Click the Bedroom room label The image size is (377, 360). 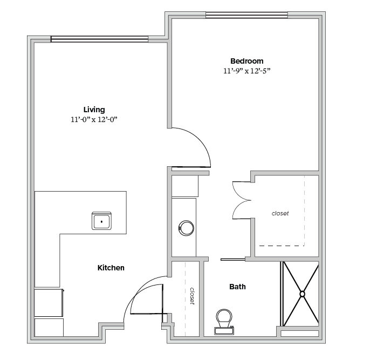(246, 61)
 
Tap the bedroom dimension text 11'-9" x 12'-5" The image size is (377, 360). (246, 71)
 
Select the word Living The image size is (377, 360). (94, 110)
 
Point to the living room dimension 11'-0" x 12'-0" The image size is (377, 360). (94, 119)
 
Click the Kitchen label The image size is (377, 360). (111, 268)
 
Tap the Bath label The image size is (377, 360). (237, 287)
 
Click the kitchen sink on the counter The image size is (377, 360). (101, 221)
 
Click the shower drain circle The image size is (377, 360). (302, 294)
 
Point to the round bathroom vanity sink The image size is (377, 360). (186, 228)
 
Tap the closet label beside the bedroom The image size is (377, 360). (280, 213)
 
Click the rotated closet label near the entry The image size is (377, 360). (193, 296)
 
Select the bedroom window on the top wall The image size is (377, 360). (246, 15)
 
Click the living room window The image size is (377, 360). (100, 39)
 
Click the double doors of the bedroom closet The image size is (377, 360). (242, 200)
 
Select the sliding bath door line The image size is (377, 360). (233, 260)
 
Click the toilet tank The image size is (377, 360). (224, 331)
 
